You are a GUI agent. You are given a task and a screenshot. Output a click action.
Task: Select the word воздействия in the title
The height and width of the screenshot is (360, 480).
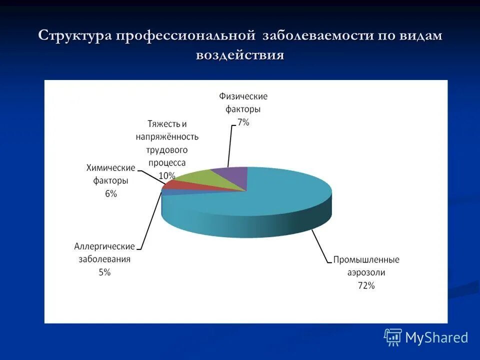[x=240, y=54]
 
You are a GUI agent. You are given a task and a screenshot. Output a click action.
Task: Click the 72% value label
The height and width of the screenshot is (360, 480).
[x=365, y=285]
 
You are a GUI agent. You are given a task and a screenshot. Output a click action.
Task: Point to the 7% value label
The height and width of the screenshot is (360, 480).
[x=243, y=122]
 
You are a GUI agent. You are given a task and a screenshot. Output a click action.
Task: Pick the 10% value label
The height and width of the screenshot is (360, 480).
[x=166, y=175]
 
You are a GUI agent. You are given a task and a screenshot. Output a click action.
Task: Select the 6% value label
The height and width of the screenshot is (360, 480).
[x=111, y=193]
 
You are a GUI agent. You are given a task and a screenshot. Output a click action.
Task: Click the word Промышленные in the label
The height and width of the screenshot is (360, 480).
[x=366, y=260]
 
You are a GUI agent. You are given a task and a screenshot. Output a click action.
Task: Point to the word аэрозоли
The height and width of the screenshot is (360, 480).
[x=366, y=272]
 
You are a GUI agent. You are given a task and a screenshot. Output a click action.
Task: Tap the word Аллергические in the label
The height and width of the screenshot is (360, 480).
[x=104, y=246]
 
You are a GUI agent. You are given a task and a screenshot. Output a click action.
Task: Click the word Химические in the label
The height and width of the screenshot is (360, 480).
[x=111, y=167]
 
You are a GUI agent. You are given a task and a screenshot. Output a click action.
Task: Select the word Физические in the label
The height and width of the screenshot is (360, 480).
[x=243, y=96]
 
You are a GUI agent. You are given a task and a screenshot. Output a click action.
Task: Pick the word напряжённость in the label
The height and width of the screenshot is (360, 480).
[x=166, y=136]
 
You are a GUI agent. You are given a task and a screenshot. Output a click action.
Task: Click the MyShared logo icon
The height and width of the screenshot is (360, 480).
[x=393, y=337]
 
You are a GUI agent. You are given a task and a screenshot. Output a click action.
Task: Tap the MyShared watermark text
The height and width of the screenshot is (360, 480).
[x=436, y=337]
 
